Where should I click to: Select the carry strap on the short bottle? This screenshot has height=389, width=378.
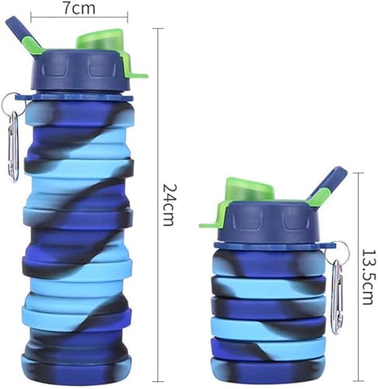click(326, 187)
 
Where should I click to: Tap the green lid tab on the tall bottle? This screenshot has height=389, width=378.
click(139, 75)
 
